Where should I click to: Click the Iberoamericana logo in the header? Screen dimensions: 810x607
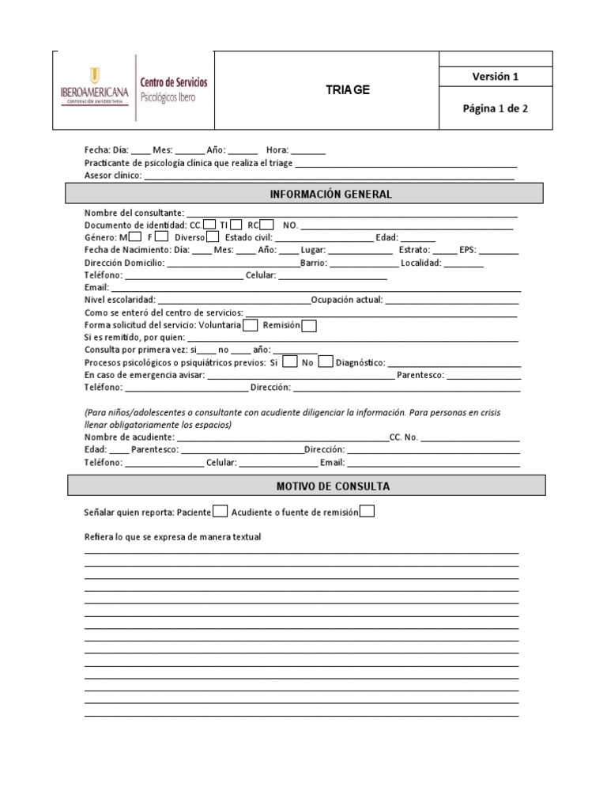pyautogui.click(x=94, y=87)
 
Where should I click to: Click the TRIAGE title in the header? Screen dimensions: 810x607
pyautogui.click(x=348, y=90)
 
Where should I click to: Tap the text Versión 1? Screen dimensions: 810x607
pyautogui.click(x=495, y=77)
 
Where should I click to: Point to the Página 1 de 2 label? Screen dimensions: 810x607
pyautogui.click(x=495, y=109)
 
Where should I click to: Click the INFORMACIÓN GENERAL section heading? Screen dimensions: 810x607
pyautogui.click(x=330, y=194)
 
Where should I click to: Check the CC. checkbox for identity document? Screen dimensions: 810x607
pyautogui.click(x=209, y=224)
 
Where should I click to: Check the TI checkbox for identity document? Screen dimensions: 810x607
pyautogui.click(x=236, y=224)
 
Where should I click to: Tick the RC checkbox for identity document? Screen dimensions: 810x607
pyautogui.click(x=267, y=224)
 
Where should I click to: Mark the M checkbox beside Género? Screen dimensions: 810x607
pyautogui.click(x=135, y=236)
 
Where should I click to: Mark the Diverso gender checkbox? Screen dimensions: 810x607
pyautogui.click(x=213, y=236)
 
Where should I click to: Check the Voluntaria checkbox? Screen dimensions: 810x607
pyautogui.click(x=251, y=325)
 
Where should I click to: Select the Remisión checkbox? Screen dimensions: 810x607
pyautogui.click(x=310, y=325)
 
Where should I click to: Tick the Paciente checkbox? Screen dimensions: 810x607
pyautogui.click(x=221, y=512)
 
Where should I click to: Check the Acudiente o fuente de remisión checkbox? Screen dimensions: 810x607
pyautogui.click(x=367, y=512)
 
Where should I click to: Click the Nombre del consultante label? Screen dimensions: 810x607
pyautogui.click(x=134, y=213)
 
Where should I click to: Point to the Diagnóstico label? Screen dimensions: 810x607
pyautogui.click(x=360, y=363)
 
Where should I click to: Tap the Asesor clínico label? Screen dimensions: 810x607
pyautogui.click(x=113, y=176)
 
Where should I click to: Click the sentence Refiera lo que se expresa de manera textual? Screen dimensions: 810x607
pyautogui.click(x=172, y=538)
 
